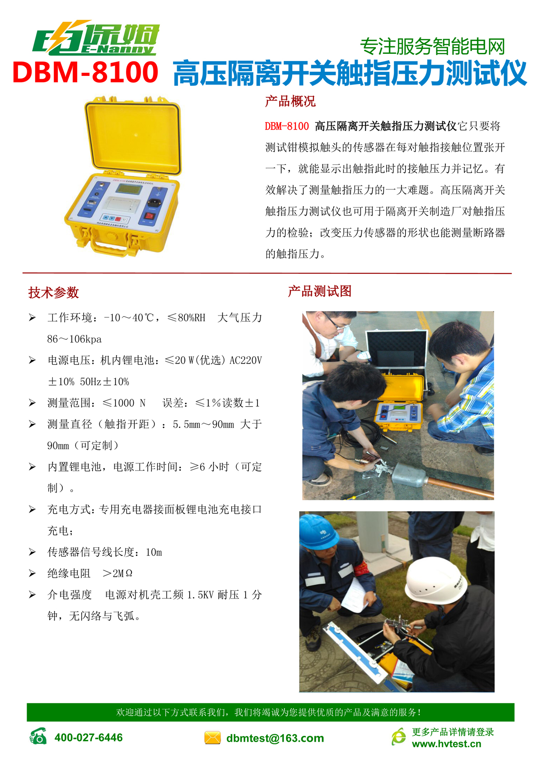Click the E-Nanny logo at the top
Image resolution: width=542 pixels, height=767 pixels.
[96, 38]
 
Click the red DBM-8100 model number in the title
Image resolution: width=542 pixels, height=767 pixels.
[85, 72]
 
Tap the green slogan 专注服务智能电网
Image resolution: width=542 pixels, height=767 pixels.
[433, 46]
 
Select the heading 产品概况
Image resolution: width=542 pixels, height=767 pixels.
[290, 101]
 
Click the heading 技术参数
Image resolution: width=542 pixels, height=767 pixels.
[53, 293]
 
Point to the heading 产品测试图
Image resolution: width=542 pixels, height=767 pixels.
[320, 292]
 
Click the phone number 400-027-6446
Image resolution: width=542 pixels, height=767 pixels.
[89, 737]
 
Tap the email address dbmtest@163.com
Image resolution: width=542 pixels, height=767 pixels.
[275, 738]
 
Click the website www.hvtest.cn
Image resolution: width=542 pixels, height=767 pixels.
[447, 743]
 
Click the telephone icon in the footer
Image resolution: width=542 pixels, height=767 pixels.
[38, 737]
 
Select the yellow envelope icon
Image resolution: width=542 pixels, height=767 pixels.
[212, 738]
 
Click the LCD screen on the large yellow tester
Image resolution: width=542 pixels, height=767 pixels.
[129, 188]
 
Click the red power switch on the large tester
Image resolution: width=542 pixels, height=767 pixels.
[149, 216]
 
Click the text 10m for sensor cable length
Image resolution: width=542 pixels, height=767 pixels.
[154, 552]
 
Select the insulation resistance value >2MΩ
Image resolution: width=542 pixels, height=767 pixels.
[117, 574]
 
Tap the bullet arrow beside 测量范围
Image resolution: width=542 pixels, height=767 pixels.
[32, 403]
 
